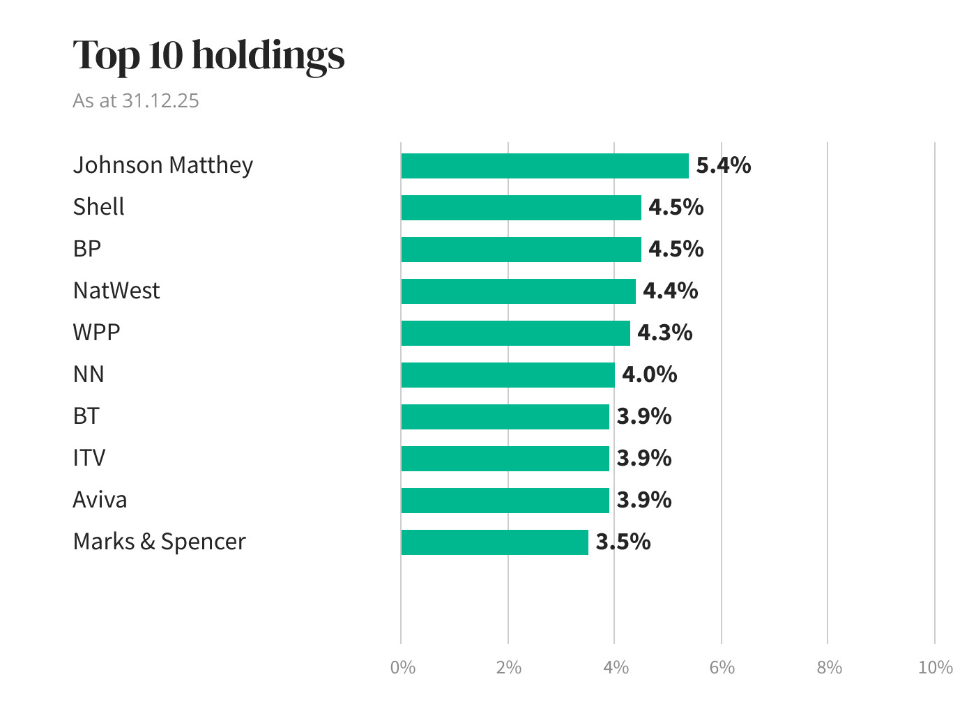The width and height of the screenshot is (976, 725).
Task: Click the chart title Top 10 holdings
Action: tap(208, 55)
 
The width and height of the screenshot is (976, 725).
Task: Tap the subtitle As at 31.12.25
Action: tap(136, 100)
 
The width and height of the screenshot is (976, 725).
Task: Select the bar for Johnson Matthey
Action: tap(544, 166)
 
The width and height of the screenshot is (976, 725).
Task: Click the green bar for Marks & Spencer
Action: tap(494, 542)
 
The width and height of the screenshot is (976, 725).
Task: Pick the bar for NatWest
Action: tap(518, 291)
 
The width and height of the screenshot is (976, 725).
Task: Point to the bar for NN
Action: tap(508, 375)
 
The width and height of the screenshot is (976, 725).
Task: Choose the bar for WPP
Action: tap(515, 333)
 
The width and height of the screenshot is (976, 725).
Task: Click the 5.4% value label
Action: tap(724, 165)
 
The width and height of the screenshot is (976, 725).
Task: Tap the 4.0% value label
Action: tap(649, 374)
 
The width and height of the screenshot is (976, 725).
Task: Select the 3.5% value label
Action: tap(623, 542)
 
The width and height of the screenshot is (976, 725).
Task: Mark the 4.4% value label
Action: tap(670, 291)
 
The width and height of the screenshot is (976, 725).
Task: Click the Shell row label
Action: tap(98, 207)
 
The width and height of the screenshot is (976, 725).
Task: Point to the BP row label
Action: tap(87, 249)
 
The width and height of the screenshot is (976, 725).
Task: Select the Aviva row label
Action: tap(100, 500)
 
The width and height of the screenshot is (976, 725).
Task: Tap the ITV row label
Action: tap(89, 458)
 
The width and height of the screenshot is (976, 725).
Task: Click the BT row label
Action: tap(86, 416)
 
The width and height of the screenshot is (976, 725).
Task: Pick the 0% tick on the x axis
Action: tap(402, 667)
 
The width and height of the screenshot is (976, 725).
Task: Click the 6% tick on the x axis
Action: tap(722, 667)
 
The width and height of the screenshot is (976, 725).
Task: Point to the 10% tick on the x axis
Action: tap(935, 667)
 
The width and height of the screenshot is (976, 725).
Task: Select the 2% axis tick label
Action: tap(508, 667)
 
